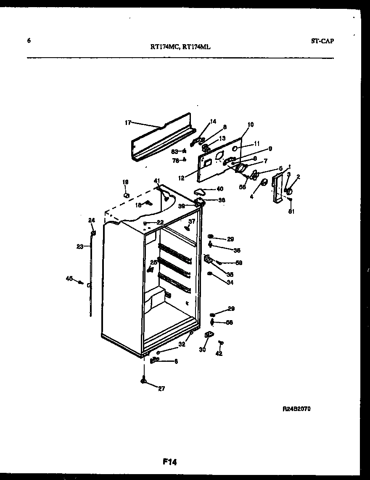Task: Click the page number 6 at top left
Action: (x=29, y=41)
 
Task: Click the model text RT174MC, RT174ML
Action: (x=180, y=47)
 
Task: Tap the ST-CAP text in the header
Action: (x=323, y=41)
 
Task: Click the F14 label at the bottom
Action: (x=170, y=462)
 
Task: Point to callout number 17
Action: (x=128, y=123)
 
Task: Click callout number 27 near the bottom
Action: (x=162, y=389)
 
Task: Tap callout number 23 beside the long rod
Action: (x=80, y=247)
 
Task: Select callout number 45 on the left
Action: (x=69, y=278)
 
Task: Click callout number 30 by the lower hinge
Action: (x=202, y=349)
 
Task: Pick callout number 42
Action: (x=219, y=354)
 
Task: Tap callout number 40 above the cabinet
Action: (x=219, y=189)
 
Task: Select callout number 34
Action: (x=230, y=282)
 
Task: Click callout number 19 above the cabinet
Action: (x=125, y=182)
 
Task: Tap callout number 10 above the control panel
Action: (x=251, y=125)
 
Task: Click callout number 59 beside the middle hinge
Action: (x=239, y=263)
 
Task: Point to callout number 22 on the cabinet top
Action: (x=160, y=222)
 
